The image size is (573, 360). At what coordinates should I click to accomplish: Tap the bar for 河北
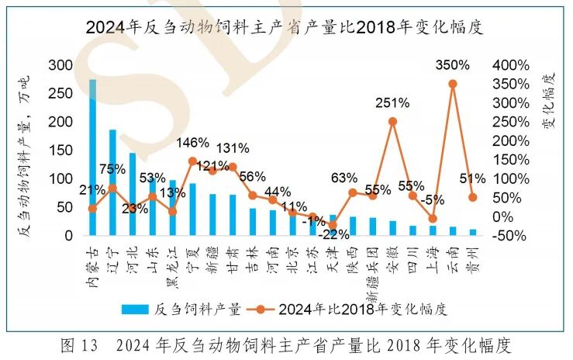[x=133, y=194]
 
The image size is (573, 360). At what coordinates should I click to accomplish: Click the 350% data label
[x=452, y=65]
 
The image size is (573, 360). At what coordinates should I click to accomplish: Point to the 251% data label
[x=394, y=103]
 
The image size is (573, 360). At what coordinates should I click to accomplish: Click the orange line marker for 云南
[x=453, y=84]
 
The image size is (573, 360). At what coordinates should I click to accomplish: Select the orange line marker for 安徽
[x=393, y=121]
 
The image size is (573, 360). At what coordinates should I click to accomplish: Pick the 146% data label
[x=193, y=143]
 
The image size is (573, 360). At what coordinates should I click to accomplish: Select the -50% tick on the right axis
[x=511, y=235]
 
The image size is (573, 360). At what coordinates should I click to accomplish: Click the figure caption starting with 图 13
[x=286, y=344]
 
